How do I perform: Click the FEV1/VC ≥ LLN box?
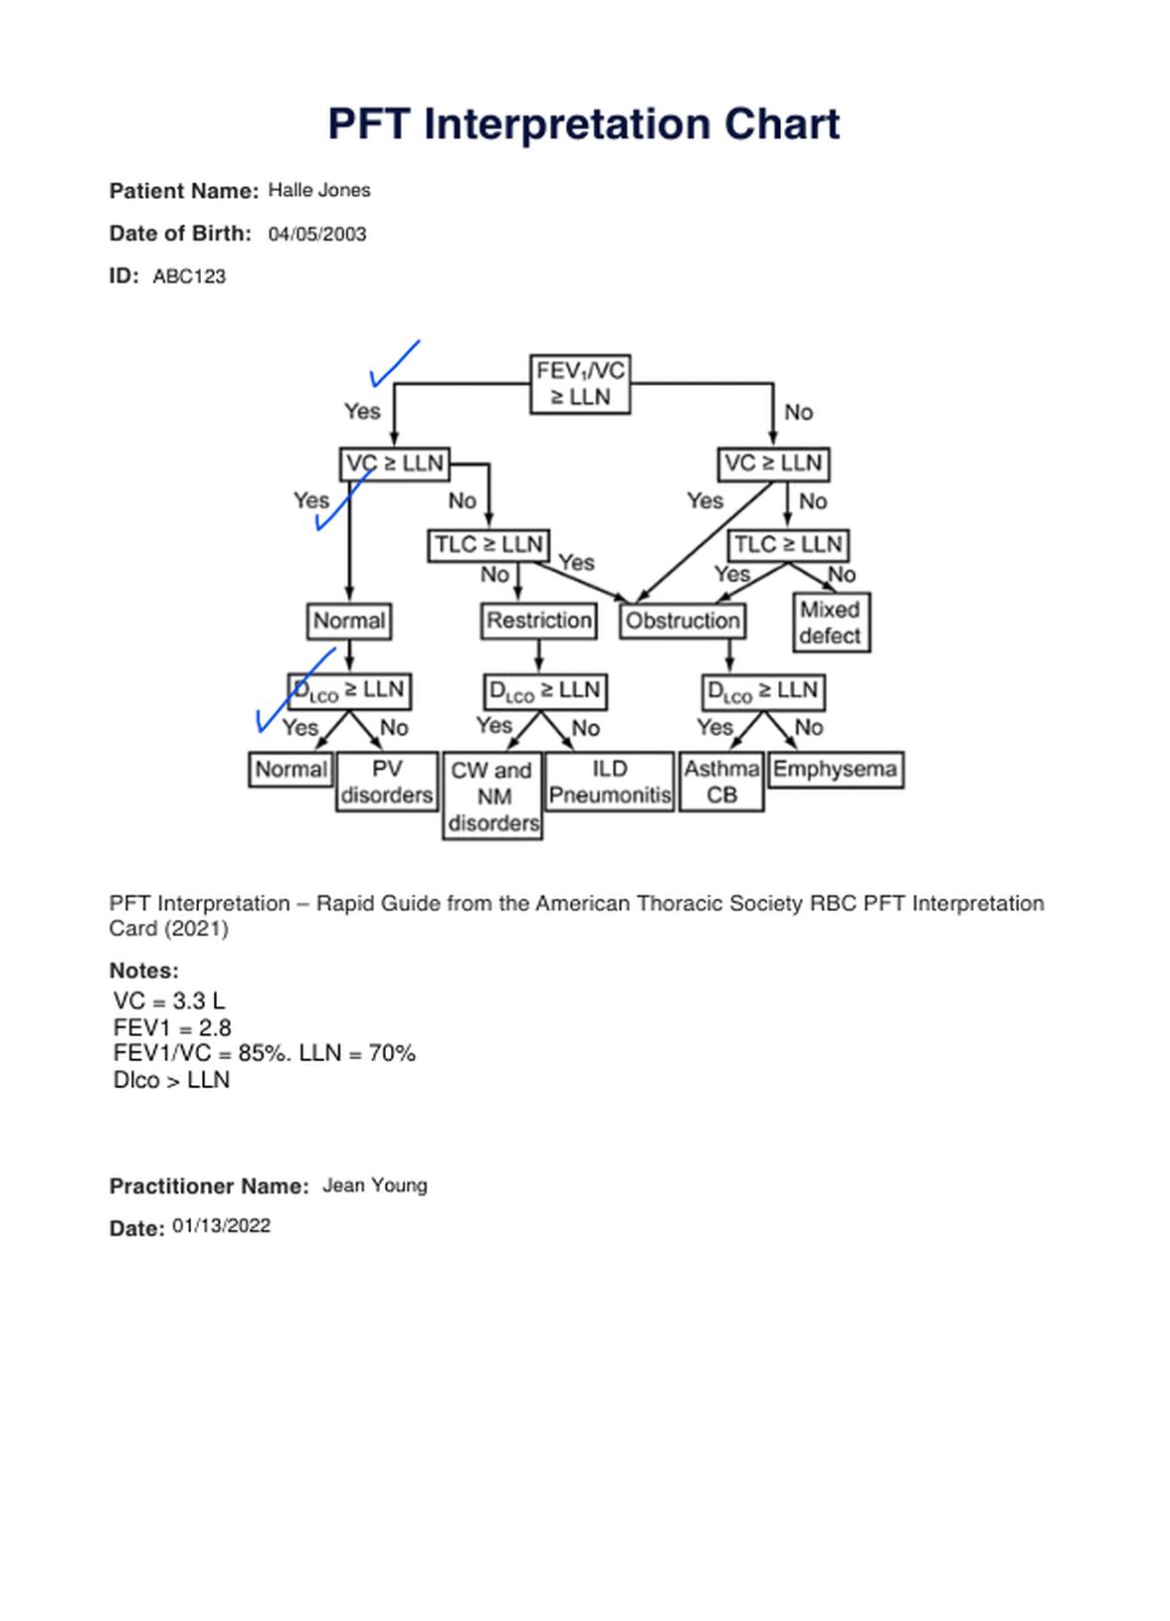[580, 384]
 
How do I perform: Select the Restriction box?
[538, 621]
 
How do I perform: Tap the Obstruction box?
[682, 621]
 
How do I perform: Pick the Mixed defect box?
[831, 623]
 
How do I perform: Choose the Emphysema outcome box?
[835, 770]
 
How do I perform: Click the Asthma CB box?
[721, 782]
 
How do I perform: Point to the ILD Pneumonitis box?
[610, 782]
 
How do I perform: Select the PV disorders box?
[387, 782]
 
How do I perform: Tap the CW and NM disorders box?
[492, 796]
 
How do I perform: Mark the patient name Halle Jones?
[319, 190]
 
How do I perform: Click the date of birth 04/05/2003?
[317, 235]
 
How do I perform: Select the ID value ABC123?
[189, 277]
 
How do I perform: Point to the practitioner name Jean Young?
[375, 1185]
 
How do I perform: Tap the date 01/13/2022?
[222, 1226]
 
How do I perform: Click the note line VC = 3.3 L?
[169, 1001]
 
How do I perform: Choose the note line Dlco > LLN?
[171, 1080]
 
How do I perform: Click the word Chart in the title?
[782, 124]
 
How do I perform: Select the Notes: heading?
[144, 971]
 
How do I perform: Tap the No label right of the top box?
[798, 412]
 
